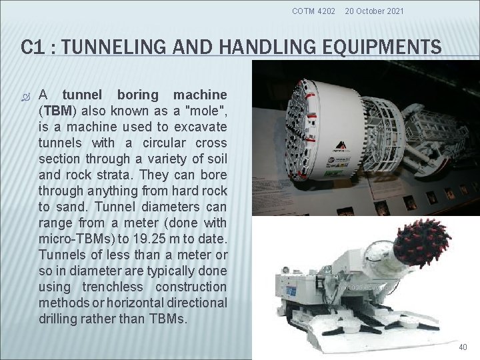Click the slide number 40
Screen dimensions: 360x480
(x=463, y=347)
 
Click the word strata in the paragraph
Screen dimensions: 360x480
(x=92, y=175)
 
